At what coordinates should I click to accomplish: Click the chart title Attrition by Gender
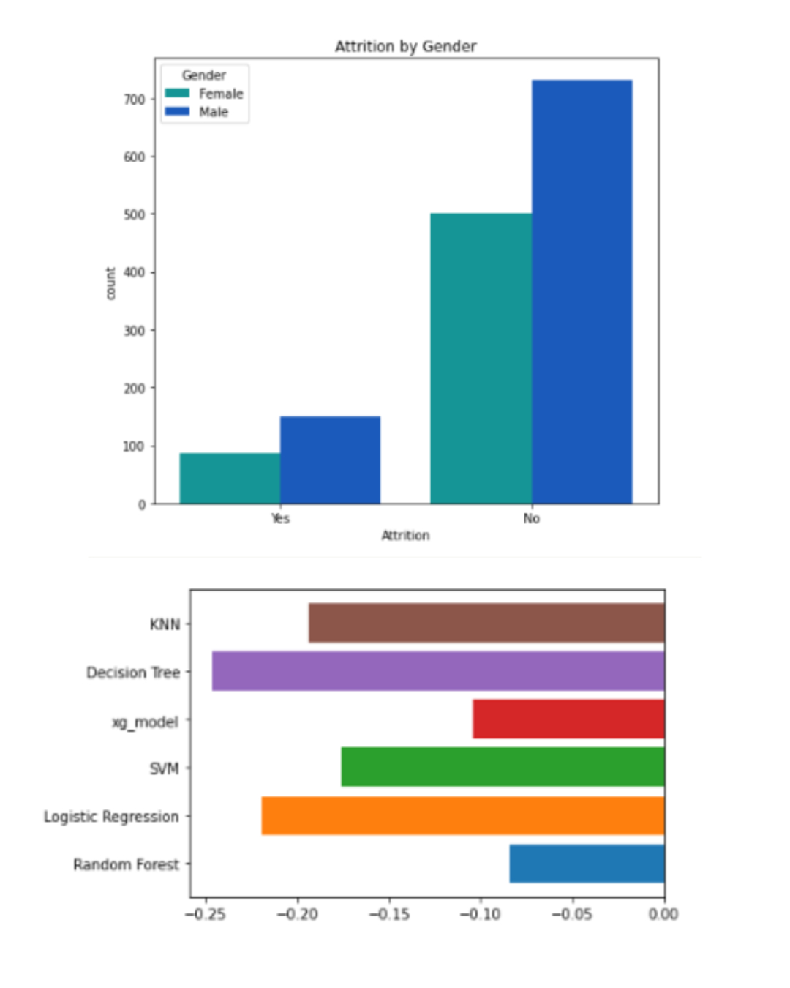click(405, 46)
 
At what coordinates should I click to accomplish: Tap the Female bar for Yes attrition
click(230, 479)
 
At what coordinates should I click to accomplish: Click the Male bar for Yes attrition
click(330, 460)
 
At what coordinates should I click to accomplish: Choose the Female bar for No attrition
click(481, 359)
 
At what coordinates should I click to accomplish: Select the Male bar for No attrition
click(582, 292)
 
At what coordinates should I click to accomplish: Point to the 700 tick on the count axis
click(135, 99)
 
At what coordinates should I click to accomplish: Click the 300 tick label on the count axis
click(135, 331)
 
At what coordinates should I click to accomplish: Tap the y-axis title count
click(111, 283)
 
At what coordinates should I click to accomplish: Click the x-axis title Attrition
click(405, 536)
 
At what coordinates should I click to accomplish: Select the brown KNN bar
click(486, 623)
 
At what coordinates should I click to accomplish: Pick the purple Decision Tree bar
click(438, 671)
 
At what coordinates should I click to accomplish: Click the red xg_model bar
click(568, 719)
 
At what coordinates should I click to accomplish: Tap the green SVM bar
click(503, 767)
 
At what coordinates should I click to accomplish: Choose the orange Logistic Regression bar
click(463, 815)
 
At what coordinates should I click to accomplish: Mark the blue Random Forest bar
click(587, 864)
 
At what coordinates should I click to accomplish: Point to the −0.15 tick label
click(388, 914)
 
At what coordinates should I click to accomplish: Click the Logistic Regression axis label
click(111, 817)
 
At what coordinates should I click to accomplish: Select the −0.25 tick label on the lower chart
click(206, 914)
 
